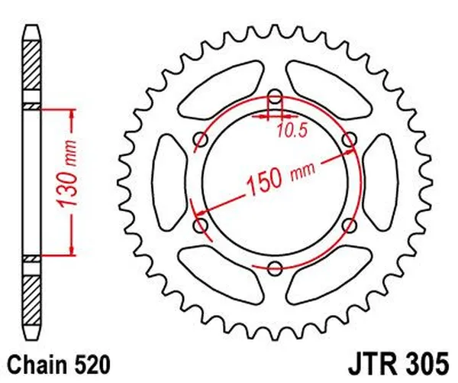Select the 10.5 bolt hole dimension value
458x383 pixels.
(x=291, y=131)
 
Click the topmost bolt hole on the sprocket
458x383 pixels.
(x=276, y=96)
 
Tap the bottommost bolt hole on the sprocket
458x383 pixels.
(x=276, y=268)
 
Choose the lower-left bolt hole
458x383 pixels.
(x=202, y=225)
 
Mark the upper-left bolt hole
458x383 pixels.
(x=202, y=139)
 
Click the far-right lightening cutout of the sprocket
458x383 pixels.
(x=376, y=182)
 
